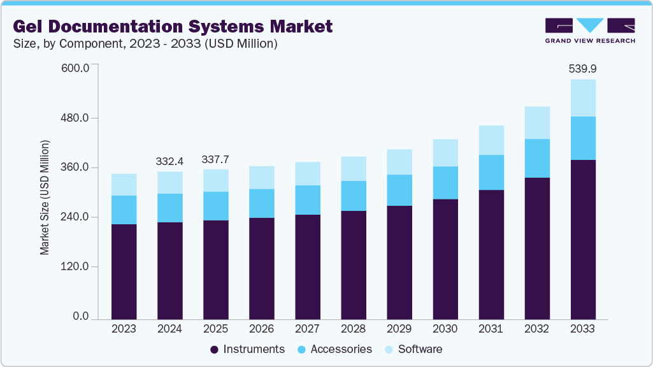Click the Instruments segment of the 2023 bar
(x=124, y=271)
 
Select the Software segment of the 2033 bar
(x=582, y=97)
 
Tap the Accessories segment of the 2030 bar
(x=445, y=183)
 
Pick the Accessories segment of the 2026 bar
(x=261, y=203)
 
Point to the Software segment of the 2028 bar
(x=353, y=169)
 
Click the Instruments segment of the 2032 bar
(x=536, y=248)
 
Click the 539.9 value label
(x=582, y=69)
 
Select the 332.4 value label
(x=169, y=161)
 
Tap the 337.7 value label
(x=215, y=159)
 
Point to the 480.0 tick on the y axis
(x=75, y=119)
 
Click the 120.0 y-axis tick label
(x=75, y=267)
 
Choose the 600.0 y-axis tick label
(x=75, y=68)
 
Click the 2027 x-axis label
(x=307, y=329)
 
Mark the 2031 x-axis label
(x=491, y=329)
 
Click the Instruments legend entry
(x=248, y=349)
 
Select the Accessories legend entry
(x=335, y=349)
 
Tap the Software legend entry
(x=414, y=349)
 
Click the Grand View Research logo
(x=589, y=31)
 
